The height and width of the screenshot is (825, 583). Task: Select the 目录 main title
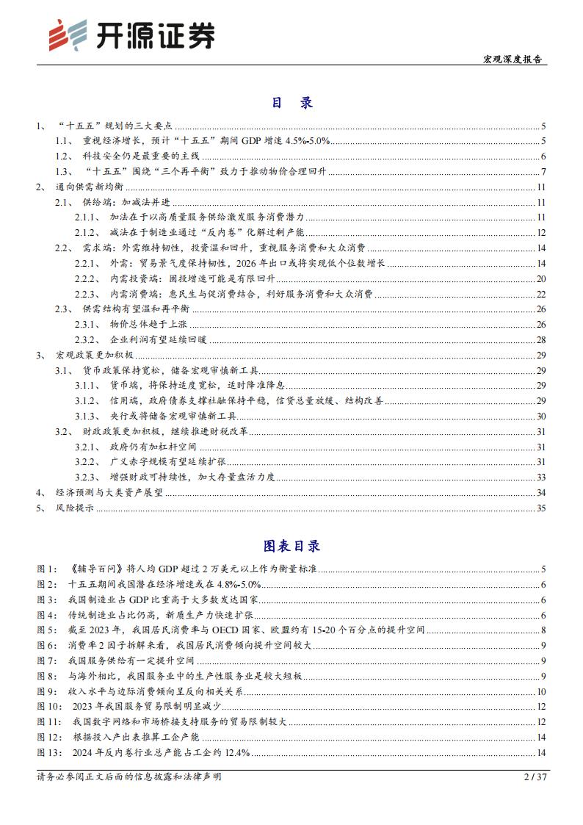tap(291, 103)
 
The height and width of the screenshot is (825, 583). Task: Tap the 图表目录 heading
tap(291, 546)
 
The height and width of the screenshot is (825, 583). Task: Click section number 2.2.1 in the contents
tap(87, 263)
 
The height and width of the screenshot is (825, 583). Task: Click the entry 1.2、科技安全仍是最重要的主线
tap(140, 156)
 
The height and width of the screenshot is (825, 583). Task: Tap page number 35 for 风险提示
tap(541, 507)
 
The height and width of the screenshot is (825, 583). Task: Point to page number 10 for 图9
tap(541, 691)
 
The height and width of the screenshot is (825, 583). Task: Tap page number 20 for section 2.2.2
tap(541, 278)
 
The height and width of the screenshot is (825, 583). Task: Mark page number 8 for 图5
tap(543, 630)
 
